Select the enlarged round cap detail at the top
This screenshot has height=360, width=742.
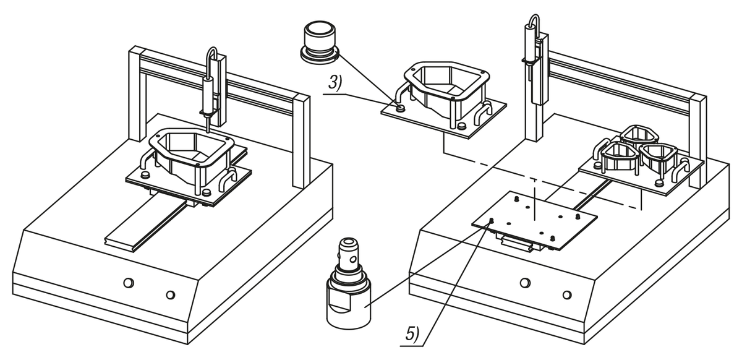pyautogui.click(x=319, y=41)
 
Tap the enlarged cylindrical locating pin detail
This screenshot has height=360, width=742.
pyautogui.click(x=348, y=284)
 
